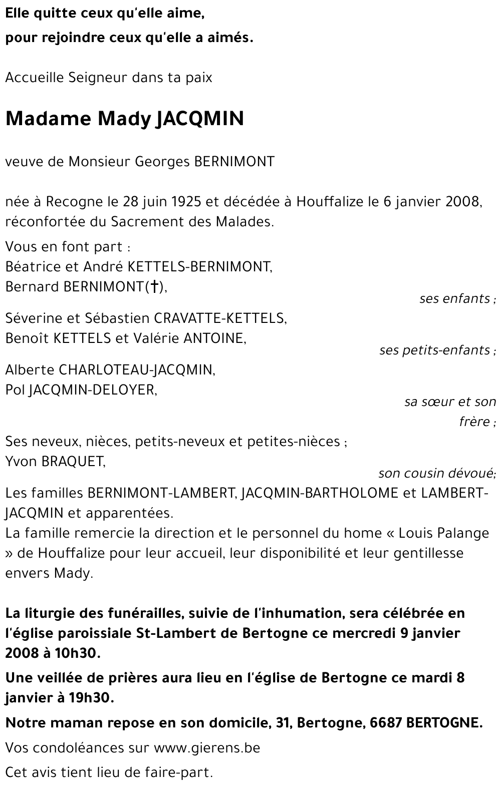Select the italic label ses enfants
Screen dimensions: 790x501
tap(455, 298)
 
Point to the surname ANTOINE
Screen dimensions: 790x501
tap(214, 338)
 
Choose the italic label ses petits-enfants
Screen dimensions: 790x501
tap(435, 350)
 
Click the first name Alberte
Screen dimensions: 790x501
tap(30, 369)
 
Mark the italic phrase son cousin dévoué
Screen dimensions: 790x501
tap(436, 473)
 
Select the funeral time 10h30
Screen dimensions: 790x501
tap(78, 653)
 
